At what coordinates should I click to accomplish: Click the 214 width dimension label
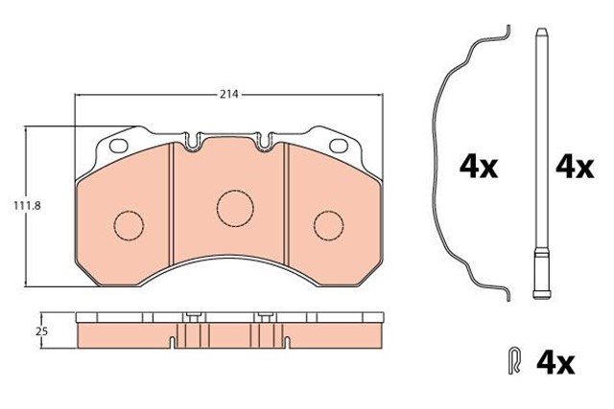click(x=228, y=95)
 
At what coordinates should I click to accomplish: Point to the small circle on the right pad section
click(x=328, y=225)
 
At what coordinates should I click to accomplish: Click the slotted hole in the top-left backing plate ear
click(x=120, y=147)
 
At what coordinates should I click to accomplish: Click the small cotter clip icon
click(x=515, y=363)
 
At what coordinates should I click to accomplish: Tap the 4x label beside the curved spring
click(x=479, y=168)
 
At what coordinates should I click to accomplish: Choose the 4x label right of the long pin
click(x=576, y=168)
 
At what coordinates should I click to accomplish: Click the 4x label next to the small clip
click(x=554, y=363)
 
